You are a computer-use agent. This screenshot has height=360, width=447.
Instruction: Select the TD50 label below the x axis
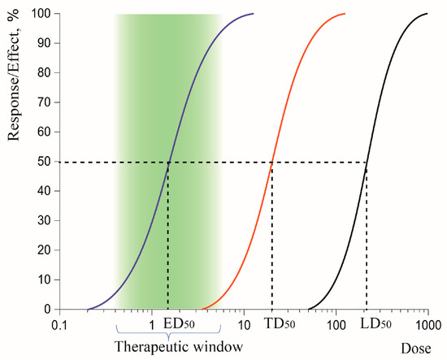point(279,323)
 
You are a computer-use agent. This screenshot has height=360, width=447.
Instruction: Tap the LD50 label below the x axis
point(375,323)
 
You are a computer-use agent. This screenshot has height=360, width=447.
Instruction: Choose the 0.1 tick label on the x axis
point(59,324)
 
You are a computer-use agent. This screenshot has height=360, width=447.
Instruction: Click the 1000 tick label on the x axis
point(427,324)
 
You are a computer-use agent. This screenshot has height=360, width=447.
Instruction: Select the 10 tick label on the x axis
point(244,324)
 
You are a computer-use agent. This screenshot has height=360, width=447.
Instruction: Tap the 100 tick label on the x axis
point(336,324)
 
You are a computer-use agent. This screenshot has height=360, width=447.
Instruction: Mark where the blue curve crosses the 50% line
point(168,162)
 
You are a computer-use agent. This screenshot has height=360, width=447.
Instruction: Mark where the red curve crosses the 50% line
point(271,162)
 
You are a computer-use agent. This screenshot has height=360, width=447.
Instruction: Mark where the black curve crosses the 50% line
point(366,162)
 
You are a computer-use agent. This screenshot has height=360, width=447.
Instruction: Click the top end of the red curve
point(345,14)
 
